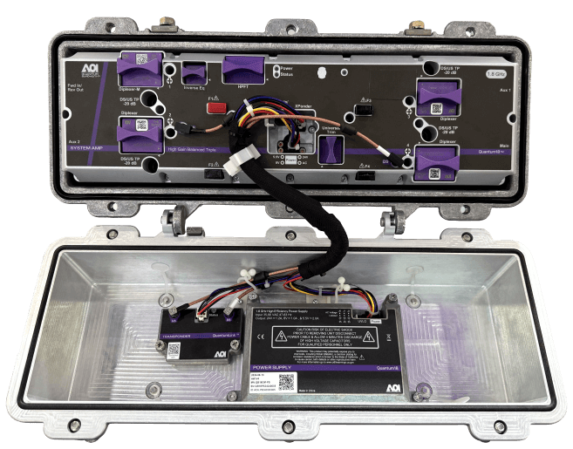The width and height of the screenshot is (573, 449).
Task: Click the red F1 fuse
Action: [212, 109]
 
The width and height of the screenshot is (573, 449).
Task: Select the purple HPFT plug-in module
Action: [243, 68]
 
